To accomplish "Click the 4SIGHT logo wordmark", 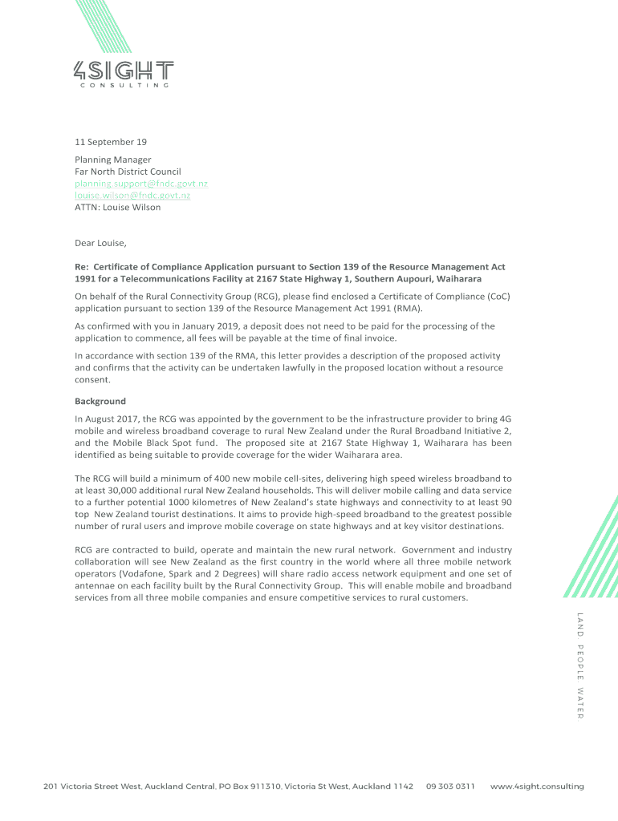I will click(123, 70).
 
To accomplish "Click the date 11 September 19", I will click(111, 142).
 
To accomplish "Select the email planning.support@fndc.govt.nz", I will click(141, 184).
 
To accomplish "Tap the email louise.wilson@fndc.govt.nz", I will click(132, 195).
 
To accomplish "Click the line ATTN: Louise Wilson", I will click(117, 207).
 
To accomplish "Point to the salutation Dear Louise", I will click(100, 243).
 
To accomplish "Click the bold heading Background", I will click(100, 401).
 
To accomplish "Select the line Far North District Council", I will click(128, 172).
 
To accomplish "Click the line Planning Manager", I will click(112, 160).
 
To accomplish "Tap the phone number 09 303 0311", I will click(450, 787).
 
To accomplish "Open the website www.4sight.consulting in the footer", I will click(537, 787).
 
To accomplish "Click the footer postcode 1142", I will click(404, 787).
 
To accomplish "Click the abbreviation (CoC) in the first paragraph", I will click(497, 296).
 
